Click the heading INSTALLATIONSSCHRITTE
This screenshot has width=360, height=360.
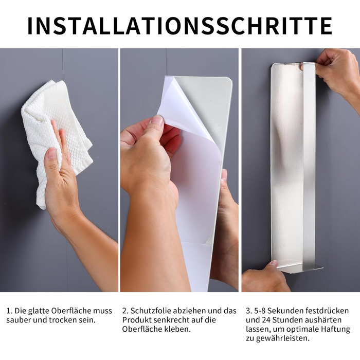pos(180,26)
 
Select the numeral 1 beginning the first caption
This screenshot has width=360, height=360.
pos(9,311)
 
